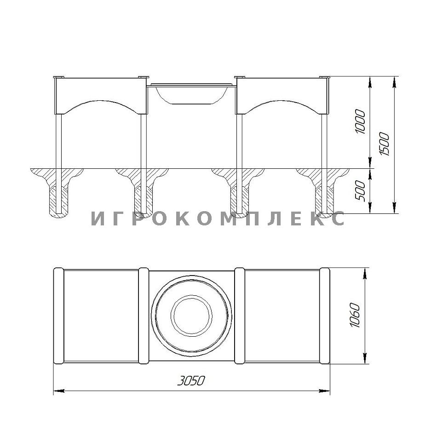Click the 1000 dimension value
click(x=361, y=122)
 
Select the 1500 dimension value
click(x=384, y=144)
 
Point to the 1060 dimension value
click(x=355, y=315)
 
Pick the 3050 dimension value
click(x=191, y=381)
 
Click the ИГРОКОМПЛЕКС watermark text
click(x=218, y=218)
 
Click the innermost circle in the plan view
click(x=191, y=316)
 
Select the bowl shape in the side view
click(x=191, y=95)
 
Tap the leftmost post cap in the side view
click(x=58, y=77)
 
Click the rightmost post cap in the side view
click(x=325, y=77)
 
